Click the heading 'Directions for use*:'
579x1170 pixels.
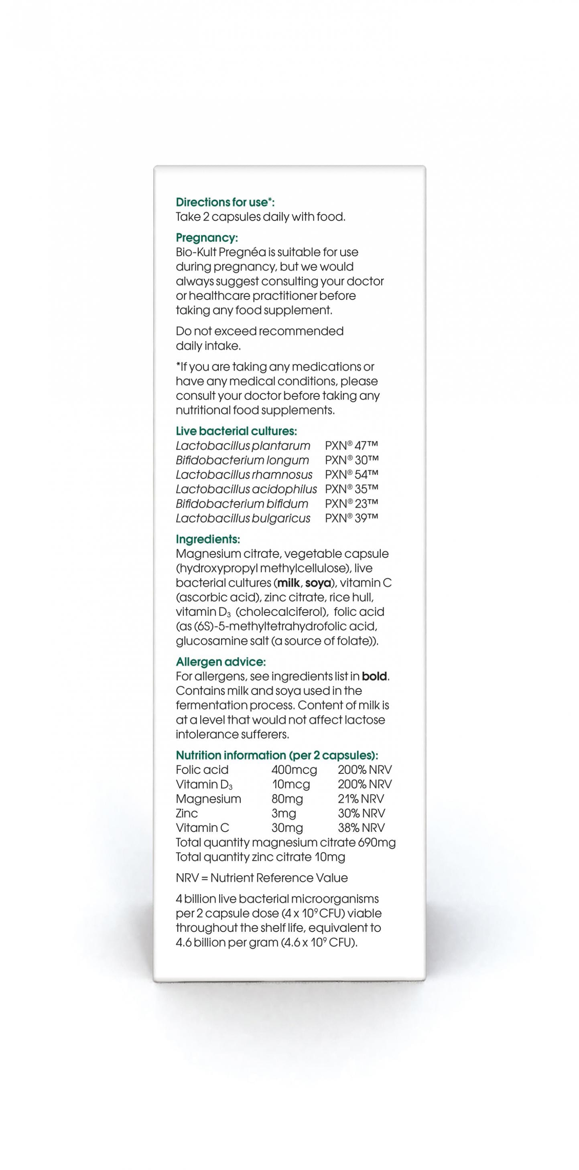point(225,202)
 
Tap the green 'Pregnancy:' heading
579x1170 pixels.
point(207,237)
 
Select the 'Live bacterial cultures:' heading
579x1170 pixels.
point(236,431)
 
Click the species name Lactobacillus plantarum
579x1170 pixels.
point(243,446)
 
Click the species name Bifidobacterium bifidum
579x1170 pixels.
point(242,504)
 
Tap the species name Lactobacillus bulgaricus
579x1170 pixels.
point(243,518)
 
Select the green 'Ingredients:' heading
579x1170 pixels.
point(208,539)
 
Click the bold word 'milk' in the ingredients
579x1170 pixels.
point(288,583)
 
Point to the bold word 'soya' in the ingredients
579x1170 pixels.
point(318,583)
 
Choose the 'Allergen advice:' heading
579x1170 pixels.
point(221,662)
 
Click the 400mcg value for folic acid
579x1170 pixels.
point(294,770)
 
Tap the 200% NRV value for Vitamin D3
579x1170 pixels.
point(364,785)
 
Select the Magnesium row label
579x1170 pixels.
point(209,799)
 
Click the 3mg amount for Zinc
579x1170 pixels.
point(284,813)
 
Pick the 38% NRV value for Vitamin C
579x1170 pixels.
point(361,828)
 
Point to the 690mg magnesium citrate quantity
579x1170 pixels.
point(377,843)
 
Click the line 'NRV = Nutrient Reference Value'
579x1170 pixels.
point(262,878)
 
